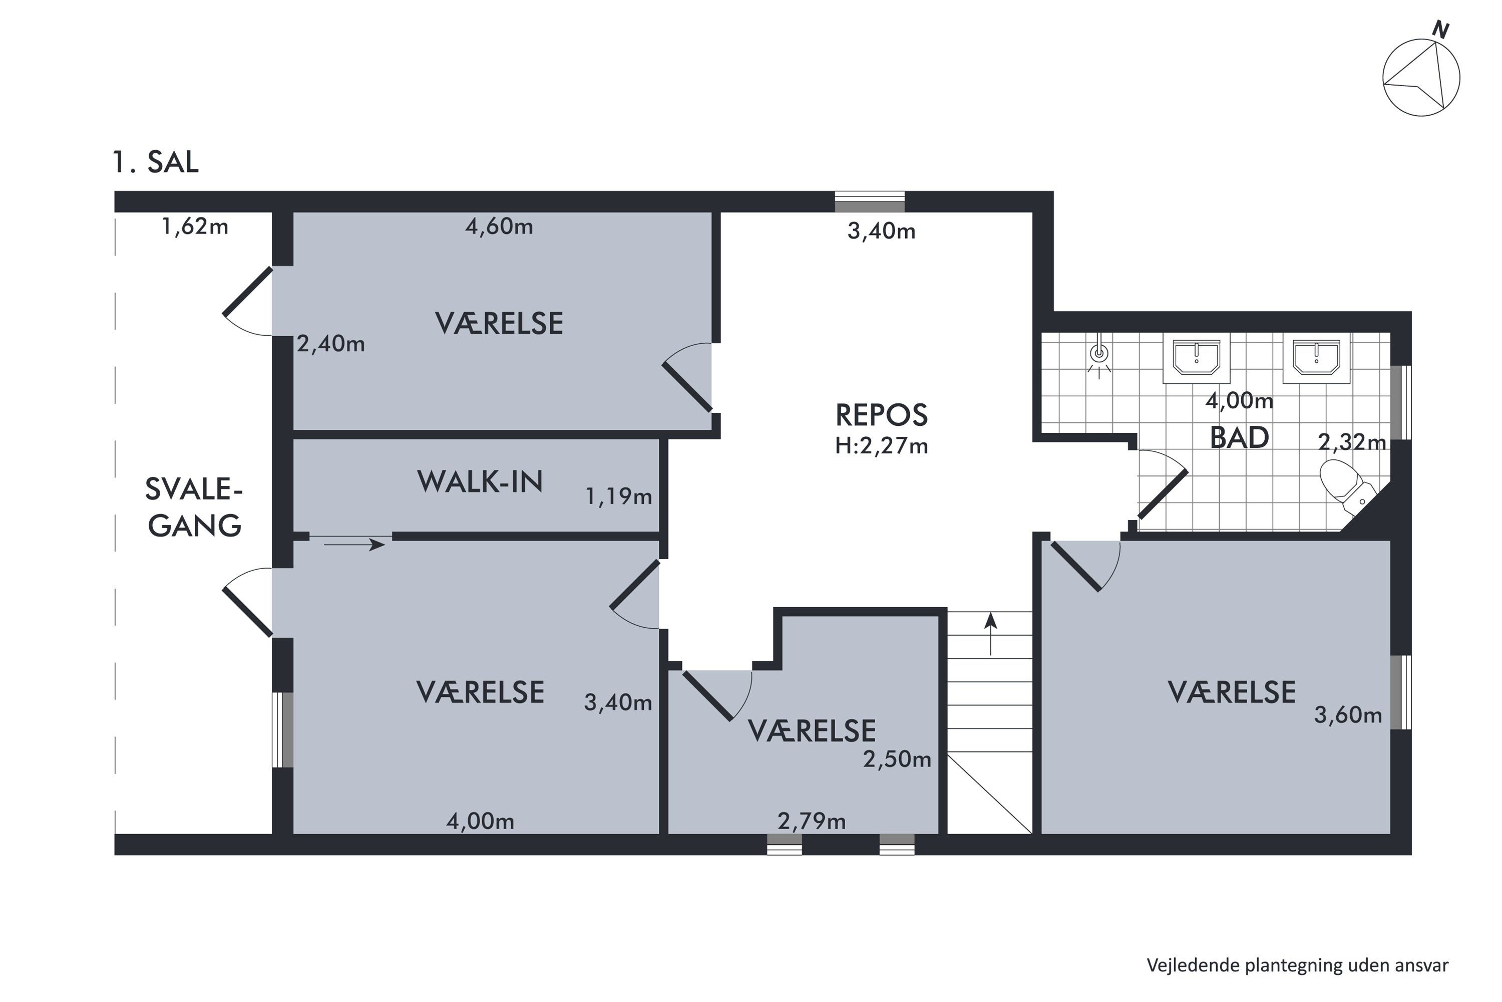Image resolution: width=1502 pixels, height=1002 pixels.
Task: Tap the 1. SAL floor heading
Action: click(x=155, y=162)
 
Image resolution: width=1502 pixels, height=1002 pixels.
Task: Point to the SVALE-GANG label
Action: click(x=194, y=508)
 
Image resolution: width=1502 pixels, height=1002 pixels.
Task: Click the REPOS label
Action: click(x=881, y=415)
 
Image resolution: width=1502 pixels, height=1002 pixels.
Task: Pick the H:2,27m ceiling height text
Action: click(x=881, y=445)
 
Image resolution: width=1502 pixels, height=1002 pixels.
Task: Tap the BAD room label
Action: click(x=1239, y=438)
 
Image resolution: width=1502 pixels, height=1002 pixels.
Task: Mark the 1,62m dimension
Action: click(x=195, y=226)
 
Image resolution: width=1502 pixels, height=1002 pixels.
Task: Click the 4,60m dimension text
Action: click(x=499, y=226)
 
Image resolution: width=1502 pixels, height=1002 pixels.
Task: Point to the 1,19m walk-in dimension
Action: click(x=618, y=496)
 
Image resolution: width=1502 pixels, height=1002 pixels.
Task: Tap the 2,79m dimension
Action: click(x=811, y=821)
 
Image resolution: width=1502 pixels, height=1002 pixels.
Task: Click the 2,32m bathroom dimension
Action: click(x=1352, y=441)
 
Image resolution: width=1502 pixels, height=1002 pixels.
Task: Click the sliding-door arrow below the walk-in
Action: click(x=354, y=545)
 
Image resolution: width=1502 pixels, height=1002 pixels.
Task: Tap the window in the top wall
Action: click(x=870, y=202)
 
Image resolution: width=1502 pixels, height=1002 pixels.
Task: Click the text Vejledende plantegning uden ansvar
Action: click(x=1297, y=965)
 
